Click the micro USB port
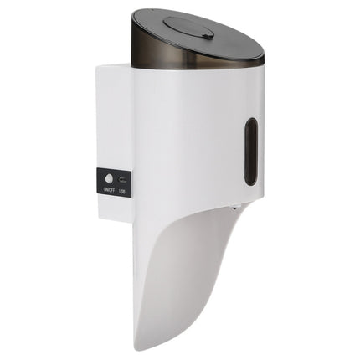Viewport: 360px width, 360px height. [123, 180]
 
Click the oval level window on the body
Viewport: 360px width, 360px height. [250, 152]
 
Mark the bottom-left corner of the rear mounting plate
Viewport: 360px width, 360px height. [98, 219]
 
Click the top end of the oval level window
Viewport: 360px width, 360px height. [251, 121]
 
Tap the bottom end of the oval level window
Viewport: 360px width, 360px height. [250, 183]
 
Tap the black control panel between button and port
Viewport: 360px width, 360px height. [116, 180]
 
